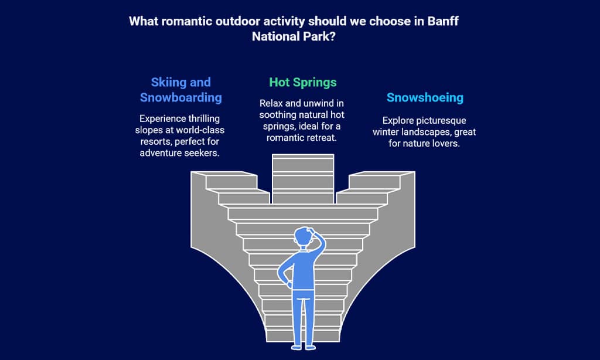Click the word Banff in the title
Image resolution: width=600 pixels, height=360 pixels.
click(x=443, y=21)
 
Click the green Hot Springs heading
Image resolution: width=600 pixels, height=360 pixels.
click(x=303, y=83)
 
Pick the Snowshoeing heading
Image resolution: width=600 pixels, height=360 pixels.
click(x=425, y=98)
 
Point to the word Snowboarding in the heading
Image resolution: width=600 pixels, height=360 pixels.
click(x=180, y=98)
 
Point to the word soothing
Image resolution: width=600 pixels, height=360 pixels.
click(x=277, y=115)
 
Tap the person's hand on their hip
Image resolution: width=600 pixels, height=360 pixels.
click(x=289, y=284)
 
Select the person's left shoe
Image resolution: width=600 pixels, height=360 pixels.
click(x=296, y=348)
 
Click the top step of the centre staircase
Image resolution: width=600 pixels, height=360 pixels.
click(x=303, y=157)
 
